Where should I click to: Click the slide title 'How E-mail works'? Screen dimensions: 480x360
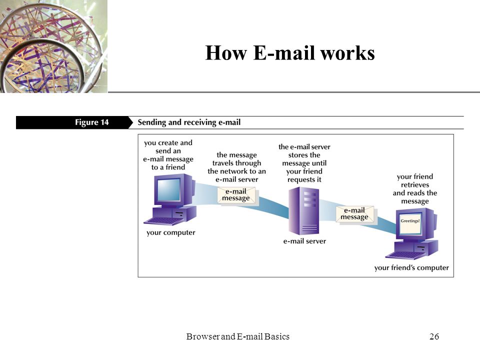(290, 52)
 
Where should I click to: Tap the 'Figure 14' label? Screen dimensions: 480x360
(92, 122)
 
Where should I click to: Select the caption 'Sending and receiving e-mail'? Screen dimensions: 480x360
(189, 122)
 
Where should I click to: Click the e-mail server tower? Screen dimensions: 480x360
(304, 211)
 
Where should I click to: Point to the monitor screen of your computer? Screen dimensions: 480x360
(168, 189)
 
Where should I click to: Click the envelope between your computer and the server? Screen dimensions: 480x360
(236, 195)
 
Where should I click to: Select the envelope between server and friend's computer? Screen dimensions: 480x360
(355, 214)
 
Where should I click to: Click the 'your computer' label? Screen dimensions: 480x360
(171, 232)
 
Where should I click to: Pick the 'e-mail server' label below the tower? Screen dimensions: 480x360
(304, 241)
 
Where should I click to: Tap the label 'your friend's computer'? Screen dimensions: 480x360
(411, 268)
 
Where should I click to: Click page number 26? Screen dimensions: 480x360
(434, 336)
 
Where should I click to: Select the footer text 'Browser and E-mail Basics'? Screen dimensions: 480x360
(238, 336)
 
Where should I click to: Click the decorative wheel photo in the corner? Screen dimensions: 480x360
(53, 46)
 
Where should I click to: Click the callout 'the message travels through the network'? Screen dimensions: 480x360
(236, 167)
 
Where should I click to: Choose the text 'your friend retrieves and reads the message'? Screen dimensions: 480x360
(415, 189)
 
